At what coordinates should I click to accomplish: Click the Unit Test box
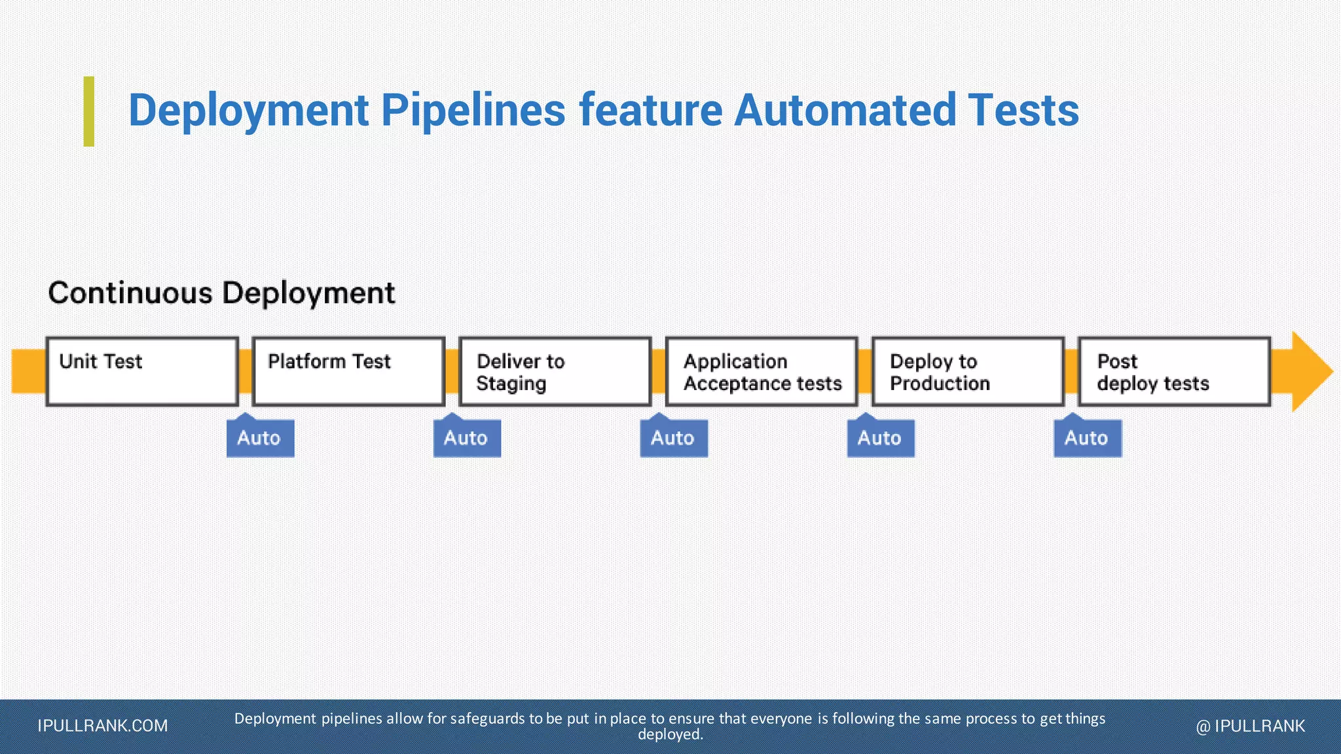[142, 371]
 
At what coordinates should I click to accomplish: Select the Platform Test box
[348, 371]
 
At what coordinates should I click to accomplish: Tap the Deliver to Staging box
[555, 371]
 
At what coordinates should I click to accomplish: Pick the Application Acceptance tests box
[762, 371]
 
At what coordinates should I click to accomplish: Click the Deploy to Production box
[968, 371]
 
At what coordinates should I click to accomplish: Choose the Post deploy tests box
[1174, 371]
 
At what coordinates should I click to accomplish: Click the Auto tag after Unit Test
[260, 438]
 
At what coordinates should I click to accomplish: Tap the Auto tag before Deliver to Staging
[467, 438]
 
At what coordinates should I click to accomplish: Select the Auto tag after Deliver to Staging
[674, 438]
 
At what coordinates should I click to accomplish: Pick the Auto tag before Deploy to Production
[881, 438]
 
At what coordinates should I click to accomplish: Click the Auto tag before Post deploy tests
[1088, 438]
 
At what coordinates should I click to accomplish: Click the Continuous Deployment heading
[221, 293]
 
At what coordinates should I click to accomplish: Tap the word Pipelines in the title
[473, 110]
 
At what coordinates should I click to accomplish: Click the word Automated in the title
[845, 110]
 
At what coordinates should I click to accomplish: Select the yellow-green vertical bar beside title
[89, 111]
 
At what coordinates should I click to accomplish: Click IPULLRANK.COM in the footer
[103, 726]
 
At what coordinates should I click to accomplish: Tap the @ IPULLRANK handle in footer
[1250, 726]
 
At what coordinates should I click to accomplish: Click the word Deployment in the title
[248, 110]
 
